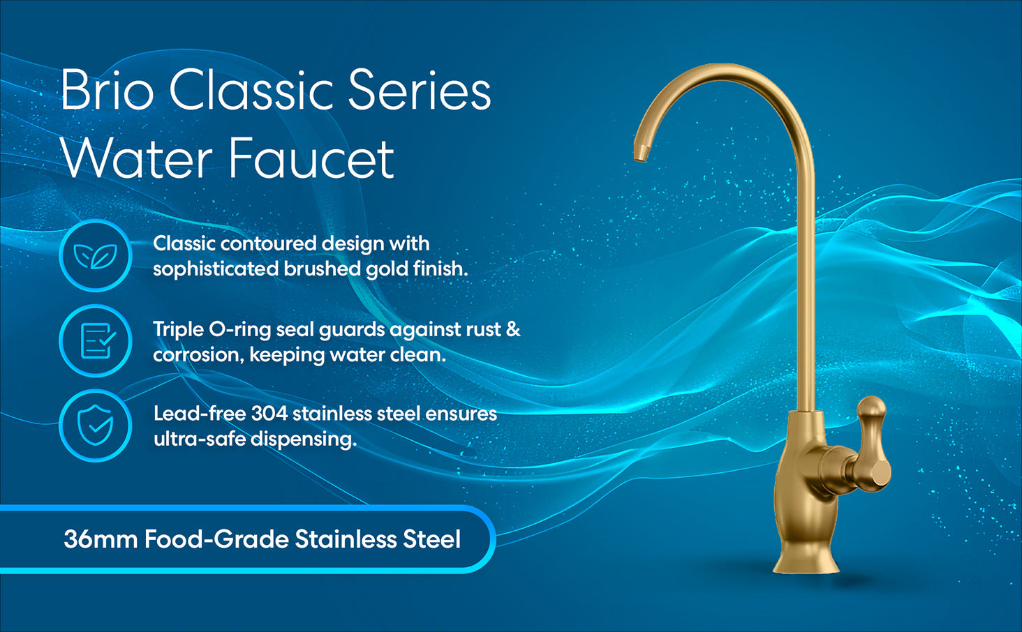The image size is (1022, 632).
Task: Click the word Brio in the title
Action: coord(108,89)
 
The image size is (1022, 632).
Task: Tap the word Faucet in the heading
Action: coord(311,158)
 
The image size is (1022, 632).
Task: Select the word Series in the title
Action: coord(420,89)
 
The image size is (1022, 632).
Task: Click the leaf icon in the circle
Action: coord(96,256)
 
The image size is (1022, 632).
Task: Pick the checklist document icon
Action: coord(97,340)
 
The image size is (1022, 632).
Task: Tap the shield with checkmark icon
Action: coord(95,425)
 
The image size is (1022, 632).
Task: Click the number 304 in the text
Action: coord(269,414)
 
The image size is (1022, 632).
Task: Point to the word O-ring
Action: coord(239,330)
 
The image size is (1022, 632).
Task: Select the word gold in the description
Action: coord(387,269)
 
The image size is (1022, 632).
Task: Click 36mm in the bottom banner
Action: coord(101,539)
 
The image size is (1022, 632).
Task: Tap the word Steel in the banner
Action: coord(431,539)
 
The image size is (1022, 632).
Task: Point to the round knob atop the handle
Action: coord(871,406)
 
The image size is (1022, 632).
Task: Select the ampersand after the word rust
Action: coord(513,329)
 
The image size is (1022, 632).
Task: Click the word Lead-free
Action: coord(199,414)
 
